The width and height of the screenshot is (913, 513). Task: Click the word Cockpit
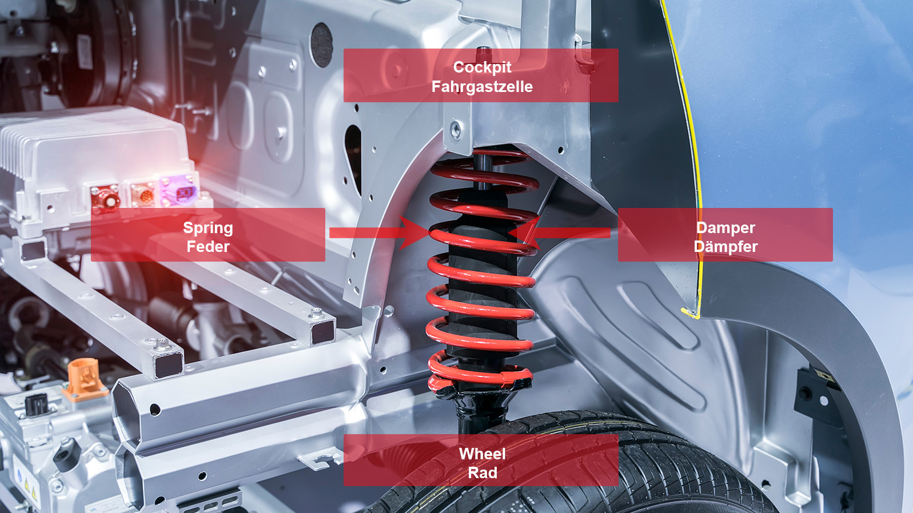[x=482, y=67]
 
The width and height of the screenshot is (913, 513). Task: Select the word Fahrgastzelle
[x=482, y=87]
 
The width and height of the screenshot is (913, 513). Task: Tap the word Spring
[x=208, y=228]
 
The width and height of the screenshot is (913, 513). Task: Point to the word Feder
[x=208, y=247]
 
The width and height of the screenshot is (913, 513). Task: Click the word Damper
[x=725, y=228]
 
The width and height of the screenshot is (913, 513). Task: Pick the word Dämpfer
[x=725, y=247]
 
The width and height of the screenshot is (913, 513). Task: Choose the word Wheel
[x=482, y=454]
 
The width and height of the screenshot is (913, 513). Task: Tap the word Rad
[x=482, y=473]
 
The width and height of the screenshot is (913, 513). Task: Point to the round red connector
[x=107, y=199]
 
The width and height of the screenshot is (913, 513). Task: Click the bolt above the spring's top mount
[x=456, y=129]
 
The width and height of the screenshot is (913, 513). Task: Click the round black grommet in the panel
[x=321, y=45]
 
